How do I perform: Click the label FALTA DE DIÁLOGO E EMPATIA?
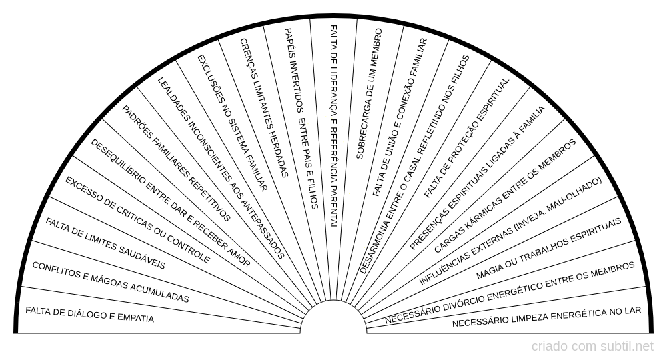point(89,314)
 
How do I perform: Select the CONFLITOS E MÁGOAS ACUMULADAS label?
point(111,282)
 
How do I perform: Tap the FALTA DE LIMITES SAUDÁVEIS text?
point(105,243)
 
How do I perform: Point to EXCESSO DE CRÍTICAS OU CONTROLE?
point(137,221)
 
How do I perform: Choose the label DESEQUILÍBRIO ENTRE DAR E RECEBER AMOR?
point(171,203)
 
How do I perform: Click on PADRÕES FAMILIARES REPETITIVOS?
point(177,163)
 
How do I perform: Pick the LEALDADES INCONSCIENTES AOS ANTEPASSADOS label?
point(221,167)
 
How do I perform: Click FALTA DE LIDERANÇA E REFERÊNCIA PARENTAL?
point(333,127)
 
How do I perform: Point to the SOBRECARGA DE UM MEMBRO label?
point(369,93)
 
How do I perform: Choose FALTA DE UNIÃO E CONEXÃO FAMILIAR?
point(400,117)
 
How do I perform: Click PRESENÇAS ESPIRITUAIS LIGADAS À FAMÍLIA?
point(478,177)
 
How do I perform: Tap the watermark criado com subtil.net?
point(592,346)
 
